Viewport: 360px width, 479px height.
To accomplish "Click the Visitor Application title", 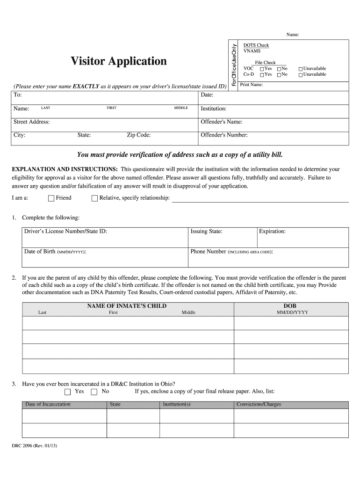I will pyautogui.click(x=118, y=61).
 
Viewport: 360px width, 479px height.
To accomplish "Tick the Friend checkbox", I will pyautogui.click(x=51, y=198).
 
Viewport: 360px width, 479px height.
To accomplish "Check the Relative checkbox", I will pyautogui.click(x=95, y=198).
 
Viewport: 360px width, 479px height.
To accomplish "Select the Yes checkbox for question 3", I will pyautogui.click(x=67, y=392).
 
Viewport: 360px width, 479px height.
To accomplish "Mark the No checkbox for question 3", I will pyautogui.click(x=94, y=392).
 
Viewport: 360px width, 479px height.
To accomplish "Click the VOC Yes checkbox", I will pyautogui.click(x=262, y=69).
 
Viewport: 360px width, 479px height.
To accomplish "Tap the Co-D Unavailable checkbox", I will pyautogui.click(x=301, y=74).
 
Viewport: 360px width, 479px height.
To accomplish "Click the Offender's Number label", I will pyautogui.click(x=224, y=136).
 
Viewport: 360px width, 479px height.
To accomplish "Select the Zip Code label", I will pyautogui.click(x=139, y=136).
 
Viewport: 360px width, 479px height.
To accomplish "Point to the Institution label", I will pyautogui.click(x=214, y=109).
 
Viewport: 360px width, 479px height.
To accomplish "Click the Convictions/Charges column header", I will pyautogui.click(x=259, y=404).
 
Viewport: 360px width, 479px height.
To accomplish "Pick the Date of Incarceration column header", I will pyautogui.click(x=48, y=404).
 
